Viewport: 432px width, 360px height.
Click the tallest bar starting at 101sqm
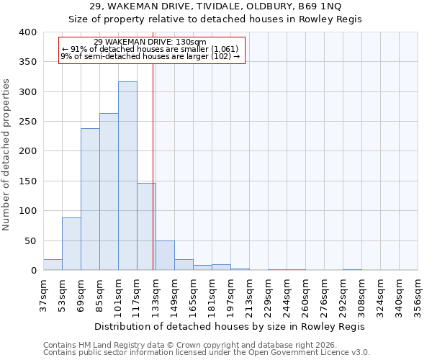127,176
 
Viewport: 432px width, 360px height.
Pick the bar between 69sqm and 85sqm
90,199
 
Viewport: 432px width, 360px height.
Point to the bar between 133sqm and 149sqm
165,256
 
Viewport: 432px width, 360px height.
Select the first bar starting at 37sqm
53,265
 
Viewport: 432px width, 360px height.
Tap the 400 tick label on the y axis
28,32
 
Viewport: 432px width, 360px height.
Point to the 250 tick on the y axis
28,122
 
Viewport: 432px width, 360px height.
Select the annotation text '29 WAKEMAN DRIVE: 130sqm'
150,42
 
